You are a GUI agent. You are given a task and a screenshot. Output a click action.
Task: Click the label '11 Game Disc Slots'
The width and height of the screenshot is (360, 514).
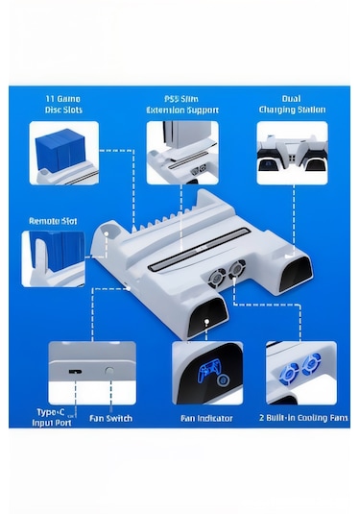point(63,103)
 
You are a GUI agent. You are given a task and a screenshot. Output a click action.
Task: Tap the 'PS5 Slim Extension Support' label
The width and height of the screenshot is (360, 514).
point(181,103)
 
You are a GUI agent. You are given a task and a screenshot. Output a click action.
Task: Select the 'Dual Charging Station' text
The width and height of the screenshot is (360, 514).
point(292,103)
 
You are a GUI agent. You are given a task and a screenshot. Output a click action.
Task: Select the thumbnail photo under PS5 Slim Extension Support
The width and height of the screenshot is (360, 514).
point(181,153)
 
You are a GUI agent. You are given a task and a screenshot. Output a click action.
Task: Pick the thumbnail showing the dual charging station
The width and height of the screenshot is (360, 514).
point(292,153)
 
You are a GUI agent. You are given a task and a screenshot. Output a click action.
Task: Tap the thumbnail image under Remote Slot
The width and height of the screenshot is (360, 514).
point(53,257)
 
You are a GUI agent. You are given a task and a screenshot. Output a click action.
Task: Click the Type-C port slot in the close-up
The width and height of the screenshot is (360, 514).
point(75,369)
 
